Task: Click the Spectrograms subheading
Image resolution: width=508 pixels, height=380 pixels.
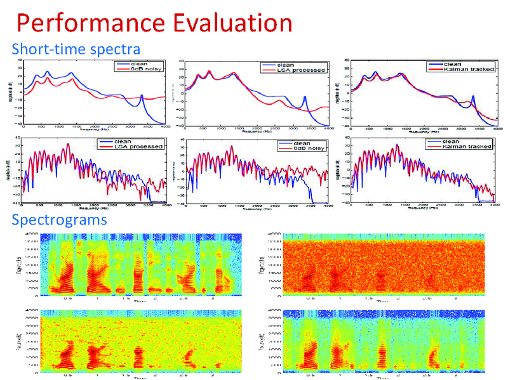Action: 60,221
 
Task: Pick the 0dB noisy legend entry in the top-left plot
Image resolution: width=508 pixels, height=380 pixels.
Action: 144,69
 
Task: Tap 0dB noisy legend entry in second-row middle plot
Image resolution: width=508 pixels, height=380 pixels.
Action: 307,148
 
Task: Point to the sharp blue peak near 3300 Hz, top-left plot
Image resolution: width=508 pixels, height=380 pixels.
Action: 142,96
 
